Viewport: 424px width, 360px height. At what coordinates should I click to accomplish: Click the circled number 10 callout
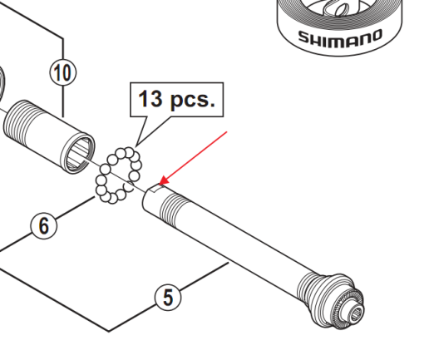click(63, 72)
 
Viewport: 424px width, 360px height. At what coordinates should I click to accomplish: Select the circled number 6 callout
click(44, 224)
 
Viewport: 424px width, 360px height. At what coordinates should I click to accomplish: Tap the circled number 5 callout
click(168, 297)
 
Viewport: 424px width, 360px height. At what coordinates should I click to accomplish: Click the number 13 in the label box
click(150, 100)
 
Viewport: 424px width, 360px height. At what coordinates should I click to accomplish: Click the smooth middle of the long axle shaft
click(241, 249)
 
